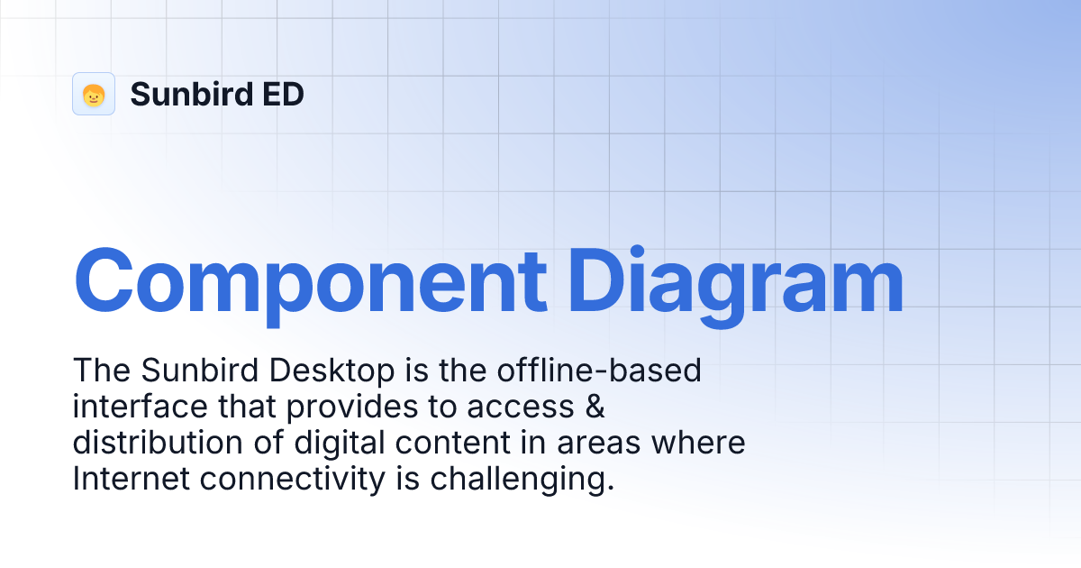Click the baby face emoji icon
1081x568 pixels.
[x=94, y=95]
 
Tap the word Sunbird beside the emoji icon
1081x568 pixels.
[x=186, y=95]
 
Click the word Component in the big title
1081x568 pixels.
[x=309, y=281]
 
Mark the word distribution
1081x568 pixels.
[x=152, y=444]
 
